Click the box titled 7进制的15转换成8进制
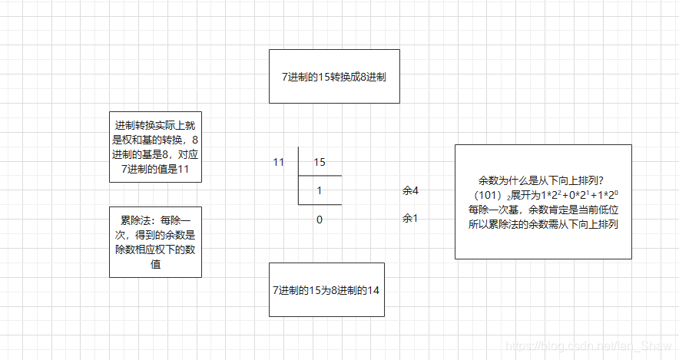(x=334, y=76)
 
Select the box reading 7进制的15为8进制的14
(x=326, y=289)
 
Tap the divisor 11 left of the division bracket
(x=279, y=163)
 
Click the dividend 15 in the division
(x=320, y=163)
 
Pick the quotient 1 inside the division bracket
(x=320, y=190)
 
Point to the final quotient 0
(x=320, y=219)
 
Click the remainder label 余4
(x=410, y=190)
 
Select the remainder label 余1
(x=410, y=219)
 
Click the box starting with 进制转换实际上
(x=156, y=147)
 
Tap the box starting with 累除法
(x=156, y=241)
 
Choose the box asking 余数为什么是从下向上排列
(x=543, y=201)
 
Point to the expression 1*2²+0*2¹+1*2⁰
(x=569, y=195)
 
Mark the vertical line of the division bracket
(x=299, y=177)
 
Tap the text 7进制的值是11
(x=156, y=169)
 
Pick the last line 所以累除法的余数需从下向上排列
(x=543, y=224)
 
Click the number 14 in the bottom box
(x=373, y=290)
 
